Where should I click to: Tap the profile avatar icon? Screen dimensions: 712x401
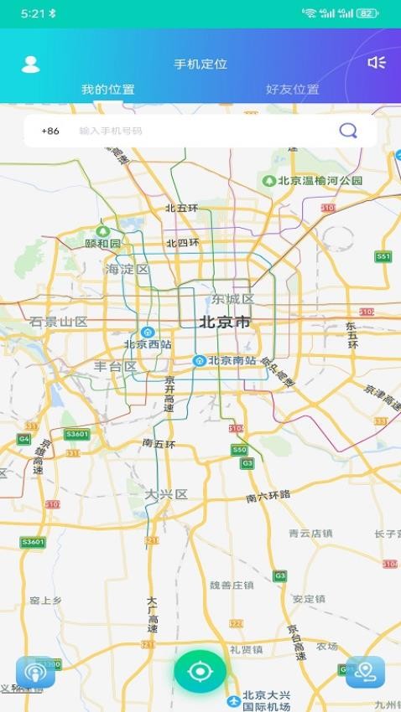click(30, 64)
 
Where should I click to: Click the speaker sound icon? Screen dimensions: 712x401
click(377, 62)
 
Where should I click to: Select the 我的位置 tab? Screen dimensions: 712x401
click(107, 90)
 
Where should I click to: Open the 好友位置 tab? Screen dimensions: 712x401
click(292, 90)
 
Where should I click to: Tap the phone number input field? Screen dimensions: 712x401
click(201, 131)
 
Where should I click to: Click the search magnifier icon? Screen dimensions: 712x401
click(347, 131)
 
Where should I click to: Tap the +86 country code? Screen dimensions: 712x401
click(50, 131)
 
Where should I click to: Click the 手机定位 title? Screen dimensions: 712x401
click(200, 64)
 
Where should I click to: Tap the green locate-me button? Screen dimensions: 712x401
click(200, 671)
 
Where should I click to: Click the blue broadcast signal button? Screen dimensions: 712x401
click(35, 672)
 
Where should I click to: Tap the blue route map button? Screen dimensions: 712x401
click(365, 672)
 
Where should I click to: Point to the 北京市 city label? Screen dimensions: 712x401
click(224, 322)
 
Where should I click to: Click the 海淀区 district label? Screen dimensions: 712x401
click(127, 270)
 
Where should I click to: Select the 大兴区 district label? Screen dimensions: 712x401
click(166, 494)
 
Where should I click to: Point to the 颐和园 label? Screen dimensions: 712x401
click(103, 243)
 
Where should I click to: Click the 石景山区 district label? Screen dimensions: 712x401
click(59, 322)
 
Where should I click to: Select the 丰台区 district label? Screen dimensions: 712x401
click(115, 367)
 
